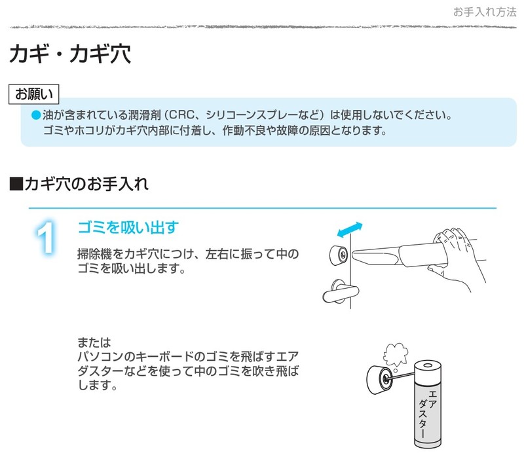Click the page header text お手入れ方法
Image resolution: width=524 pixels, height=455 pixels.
tap(485, 12)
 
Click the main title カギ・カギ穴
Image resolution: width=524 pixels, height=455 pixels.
tap(70, 54)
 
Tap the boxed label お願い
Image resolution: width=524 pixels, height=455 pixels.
tap(34, 94)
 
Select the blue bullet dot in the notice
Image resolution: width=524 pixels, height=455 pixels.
tap(36, 115)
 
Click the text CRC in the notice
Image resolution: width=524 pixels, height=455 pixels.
tap(182, 115)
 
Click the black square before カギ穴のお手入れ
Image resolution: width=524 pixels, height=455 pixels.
tap(16, 184)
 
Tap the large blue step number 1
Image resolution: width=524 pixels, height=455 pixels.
tap(45, 237)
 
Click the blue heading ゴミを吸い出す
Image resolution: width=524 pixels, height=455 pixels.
tap(128, 228)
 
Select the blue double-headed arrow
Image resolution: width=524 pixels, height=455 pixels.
tap(350, 230)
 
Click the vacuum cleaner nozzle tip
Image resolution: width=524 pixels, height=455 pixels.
tap(356, 255)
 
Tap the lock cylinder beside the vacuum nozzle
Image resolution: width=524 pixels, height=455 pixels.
tap(339, 255)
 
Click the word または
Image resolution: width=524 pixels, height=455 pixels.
tap(94, 342)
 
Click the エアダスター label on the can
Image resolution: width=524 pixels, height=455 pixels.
tap(428, 414)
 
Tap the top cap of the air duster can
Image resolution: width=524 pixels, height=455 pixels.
tap(428, 366)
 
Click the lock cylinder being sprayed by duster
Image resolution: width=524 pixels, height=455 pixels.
tap(380, 380)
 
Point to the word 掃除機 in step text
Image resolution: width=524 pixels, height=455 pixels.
tap(94, 254)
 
